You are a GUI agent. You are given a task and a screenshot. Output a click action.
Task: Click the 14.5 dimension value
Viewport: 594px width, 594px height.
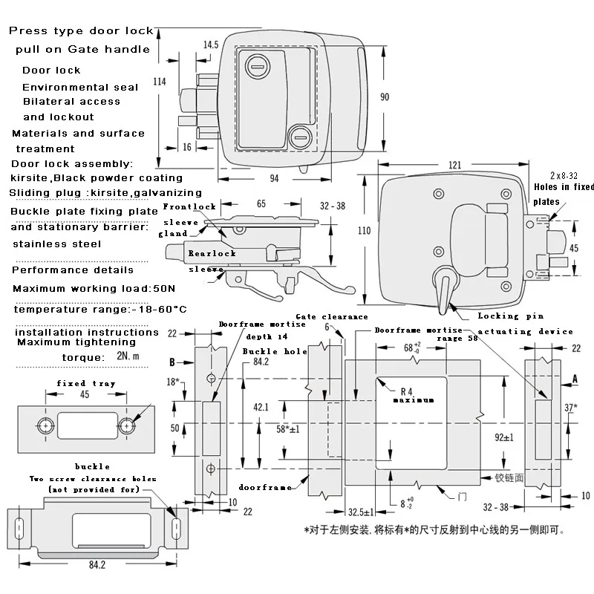pyautogui.click(x=211, y=45)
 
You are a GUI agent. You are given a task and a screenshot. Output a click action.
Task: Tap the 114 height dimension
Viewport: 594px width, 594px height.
pyautogui.click(x=160, y=82)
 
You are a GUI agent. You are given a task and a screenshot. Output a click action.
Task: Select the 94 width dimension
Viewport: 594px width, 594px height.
pyautogui.click(x=274, y=178)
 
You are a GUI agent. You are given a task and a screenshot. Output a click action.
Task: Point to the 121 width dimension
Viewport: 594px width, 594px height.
pyautogui.click(x=454, y=165)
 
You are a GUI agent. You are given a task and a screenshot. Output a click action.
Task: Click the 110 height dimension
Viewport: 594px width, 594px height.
pyautogui.click(x=364, y=230)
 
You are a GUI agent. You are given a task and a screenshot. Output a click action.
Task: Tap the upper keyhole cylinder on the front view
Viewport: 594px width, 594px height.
pyautogui.click(x=258, y=66)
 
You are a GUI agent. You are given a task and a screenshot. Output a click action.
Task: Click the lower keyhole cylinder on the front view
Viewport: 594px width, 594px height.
pyautogui.click(x=301, y=137)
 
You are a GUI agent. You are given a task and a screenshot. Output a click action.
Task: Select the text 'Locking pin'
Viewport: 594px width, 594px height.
pyautogui.click(x=510, y=316)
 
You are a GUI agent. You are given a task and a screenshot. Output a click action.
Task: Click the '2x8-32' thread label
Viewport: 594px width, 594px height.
pyautogui.click(x=564, y=175)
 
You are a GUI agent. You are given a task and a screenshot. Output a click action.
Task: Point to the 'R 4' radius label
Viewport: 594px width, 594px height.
pyautogui.click(x=406, y=391)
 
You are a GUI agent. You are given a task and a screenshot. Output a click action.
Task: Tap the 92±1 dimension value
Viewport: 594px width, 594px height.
pyautogui.click(x=504, y=437)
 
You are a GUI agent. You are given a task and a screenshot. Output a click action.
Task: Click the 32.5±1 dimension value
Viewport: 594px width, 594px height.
pyautogui.click(x=361, y=512)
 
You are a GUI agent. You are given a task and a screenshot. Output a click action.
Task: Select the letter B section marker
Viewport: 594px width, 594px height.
pyautogui.click(x=172, y=362)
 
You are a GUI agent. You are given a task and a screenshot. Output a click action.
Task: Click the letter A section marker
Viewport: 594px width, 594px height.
pyautogui.click(x=575, y=379)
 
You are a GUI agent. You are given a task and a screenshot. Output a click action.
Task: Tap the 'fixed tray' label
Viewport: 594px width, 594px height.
pyautogui.click(x=86, y=383)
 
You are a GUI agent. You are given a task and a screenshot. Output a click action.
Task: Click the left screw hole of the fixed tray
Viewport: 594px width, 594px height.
pyautogui.click(x=45, y=425)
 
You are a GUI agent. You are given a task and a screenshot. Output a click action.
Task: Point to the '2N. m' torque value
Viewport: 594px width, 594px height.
pyautogui.click(x=128, y=356)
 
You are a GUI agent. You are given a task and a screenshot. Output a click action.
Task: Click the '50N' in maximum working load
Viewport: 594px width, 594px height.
pyautogui.click(x=164, y=289)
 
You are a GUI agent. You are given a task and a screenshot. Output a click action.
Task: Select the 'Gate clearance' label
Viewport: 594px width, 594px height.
pyautogui.click(x=331, y=317)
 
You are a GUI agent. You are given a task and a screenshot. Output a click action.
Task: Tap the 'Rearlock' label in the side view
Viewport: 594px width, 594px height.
pyautogui.click(x=212, y=253)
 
